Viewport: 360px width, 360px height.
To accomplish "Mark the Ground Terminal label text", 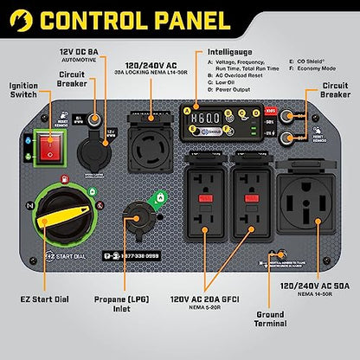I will (x=272, y=323).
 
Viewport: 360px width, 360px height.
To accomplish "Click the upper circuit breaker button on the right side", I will (x=297, y=112).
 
